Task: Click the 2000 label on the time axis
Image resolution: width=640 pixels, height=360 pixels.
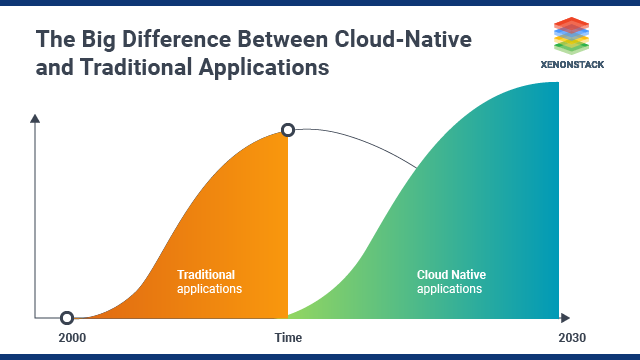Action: (x=72, y=338)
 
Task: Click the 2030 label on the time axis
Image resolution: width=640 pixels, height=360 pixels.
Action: (x=571, y=338)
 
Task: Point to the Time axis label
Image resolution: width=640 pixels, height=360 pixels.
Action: (x=288, y=338)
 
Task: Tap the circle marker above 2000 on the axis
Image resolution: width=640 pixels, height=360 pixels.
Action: (x=67, y=318)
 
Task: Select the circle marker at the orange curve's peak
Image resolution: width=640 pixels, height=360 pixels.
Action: (x=288, y=130)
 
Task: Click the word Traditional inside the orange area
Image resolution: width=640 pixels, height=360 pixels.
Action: (x=207, y=274)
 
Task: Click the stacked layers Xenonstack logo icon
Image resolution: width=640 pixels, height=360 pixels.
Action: (x=573, y=34)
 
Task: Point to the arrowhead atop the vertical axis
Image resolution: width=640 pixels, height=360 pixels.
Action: (x=35, y=119)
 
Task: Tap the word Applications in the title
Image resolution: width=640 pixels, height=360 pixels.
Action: (x=265, y=69)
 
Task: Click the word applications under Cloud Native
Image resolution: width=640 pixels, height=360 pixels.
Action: (x=450, y=289)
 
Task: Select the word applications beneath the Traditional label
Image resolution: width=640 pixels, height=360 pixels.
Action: (x=209, y=289)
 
